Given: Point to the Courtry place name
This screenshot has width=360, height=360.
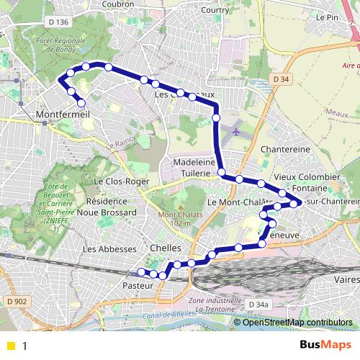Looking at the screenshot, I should pyautogui.click(x=215, y=10).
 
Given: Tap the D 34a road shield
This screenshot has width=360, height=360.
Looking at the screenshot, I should pyautogui.click(x=256, y=305).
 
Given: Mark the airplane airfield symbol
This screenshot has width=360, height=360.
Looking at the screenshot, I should pyautogui.click(x=238, y=132).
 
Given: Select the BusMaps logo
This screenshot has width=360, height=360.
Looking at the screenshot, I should pyautogui.click(x=328, y=345).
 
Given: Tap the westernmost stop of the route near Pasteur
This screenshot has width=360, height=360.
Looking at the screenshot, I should pyautogui.click(x=141, y=271).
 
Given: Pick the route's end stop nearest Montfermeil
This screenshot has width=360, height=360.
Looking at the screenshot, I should pyautogui.click(x=81, y=102).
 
